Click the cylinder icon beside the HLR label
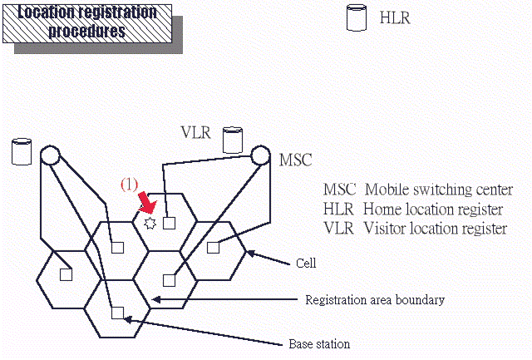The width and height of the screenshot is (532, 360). click(x=357, y=18)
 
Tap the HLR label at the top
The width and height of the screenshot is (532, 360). click(x=394, y=17)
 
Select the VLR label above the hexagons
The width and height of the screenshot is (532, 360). click(x=196, y=132)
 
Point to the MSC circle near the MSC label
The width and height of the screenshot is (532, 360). click(x=260, y=155)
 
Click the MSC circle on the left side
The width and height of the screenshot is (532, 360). click(x=50, y=155)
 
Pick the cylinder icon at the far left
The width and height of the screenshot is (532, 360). click(x=22, y=152)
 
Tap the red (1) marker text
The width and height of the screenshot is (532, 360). click(x=131, y=185)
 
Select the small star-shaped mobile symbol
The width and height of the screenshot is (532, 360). click(x=150, y=223)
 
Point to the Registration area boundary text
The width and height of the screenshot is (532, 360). click(x=375, y=299)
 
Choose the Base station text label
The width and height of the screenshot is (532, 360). click(x=319, y=343)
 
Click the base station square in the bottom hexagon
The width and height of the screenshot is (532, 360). click(x=117, y=313)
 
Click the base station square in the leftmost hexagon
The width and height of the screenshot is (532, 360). click(x=66, y=273)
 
